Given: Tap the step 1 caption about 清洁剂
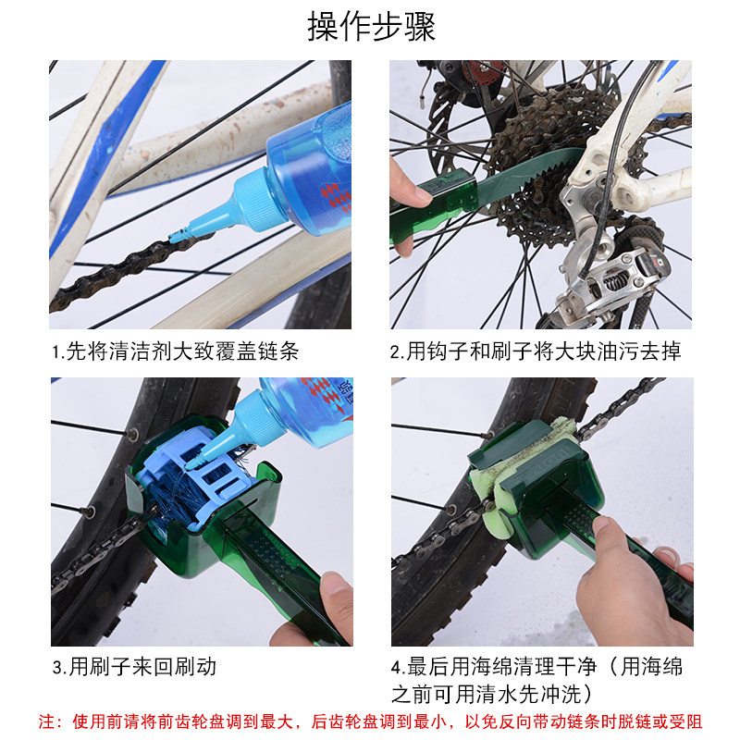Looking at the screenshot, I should coord(175,351).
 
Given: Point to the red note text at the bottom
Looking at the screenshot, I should coord(370,721).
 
